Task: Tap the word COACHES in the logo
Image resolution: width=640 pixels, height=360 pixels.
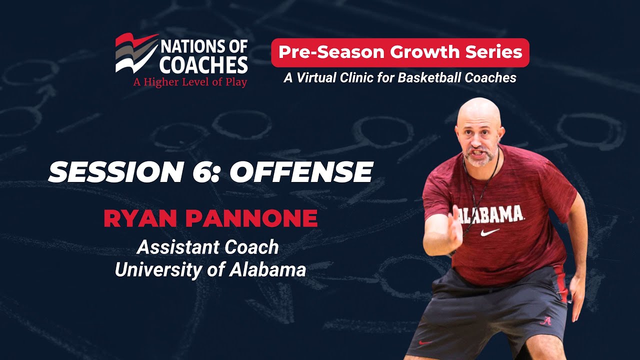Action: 204,65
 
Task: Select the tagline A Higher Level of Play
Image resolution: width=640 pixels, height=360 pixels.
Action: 190,82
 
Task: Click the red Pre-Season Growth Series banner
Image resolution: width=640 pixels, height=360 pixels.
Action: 400,52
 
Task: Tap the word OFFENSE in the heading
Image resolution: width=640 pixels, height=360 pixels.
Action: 301,172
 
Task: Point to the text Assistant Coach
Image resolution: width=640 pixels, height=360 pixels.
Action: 207,246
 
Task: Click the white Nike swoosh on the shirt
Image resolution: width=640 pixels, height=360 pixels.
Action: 489,232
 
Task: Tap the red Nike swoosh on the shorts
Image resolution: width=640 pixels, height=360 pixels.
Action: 425,343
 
